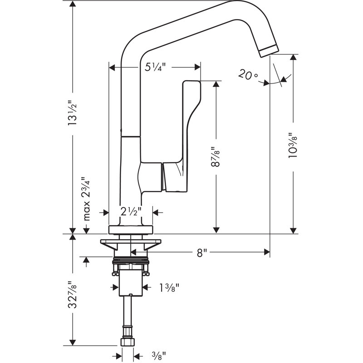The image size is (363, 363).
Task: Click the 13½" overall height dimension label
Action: [72, 113]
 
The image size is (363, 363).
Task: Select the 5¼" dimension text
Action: [155, 67]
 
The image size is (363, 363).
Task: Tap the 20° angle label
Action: [248, 75]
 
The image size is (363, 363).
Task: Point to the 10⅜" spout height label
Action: [293, 145]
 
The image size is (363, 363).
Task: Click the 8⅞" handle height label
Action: [216, 157]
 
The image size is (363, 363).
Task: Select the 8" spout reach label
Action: [201, 253]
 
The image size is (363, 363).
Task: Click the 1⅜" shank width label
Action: [169, 288]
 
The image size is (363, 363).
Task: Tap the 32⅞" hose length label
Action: [73, 294]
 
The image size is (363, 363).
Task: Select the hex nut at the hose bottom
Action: [128, 342]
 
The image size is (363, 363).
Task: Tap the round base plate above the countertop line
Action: [131, 230]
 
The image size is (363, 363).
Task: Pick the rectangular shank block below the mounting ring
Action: [131, 283]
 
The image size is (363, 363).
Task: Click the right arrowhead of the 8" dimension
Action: [267, 252]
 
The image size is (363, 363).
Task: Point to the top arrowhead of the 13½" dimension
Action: [73, 4]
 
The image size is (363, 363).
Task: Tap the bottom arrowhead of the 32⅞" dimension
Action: [73, 343]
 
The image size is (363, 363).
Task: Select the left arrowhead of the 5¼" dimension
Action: [112, 68]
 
